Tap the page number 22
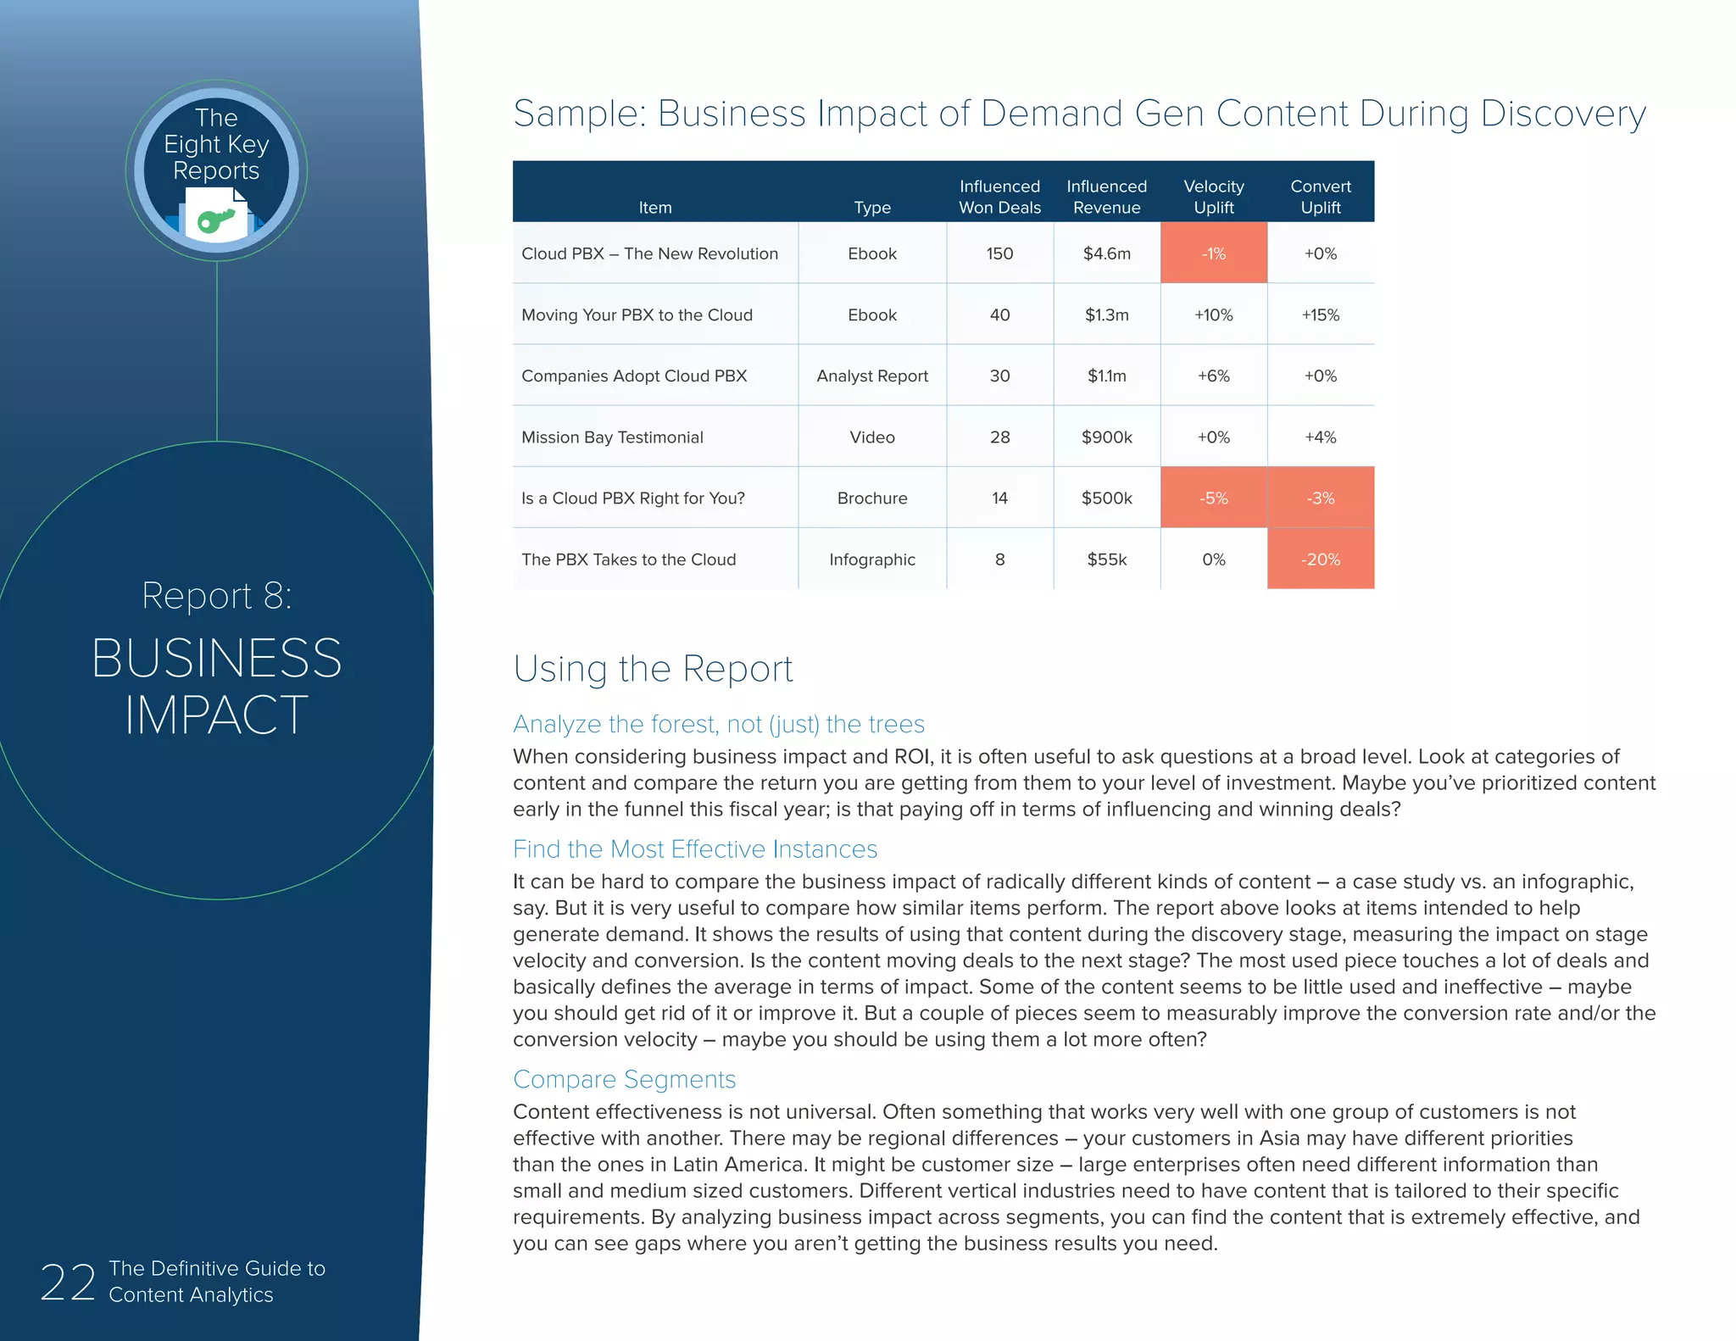coord(67,1282)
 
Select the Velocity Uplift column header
coord(1213,197)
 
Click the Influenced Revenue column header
coord(1106,197)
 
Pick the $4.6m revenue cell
coord(1106,253)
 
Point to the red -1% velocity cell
coord(1213,253)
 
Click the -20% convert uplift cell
coord(1320,559)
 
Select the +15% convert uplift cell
coord(1320,315)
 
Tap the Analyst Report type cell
coord(872,376)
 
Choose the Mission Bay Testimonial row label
coord(612,437)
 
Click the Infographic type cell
coord(872,559)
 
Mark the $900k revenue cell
coord(1106,437)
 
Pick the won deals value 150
coord(999,253)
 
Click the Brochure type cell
coord(872,498)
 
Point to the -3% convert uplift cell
coord(1320,498)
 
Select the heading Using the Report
coord(653,669)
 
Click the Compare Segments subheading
coord(624,1079)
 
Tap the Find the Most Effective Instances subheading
coord(695,849)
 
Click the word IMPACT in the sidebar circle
coord(217,715)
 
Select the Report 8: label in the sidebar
coord(217,596)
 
